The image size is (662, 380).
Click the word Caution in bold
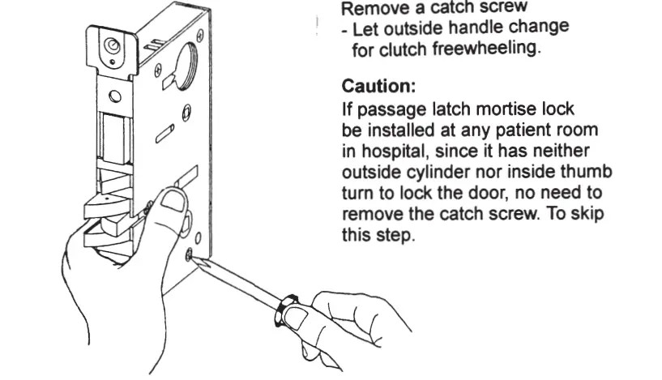tap(375, 84)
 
